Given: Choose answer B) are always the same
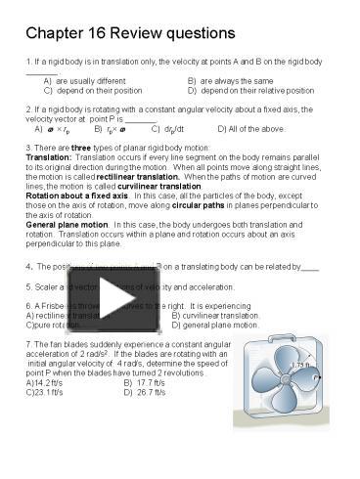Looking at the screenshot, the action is tap(230, 81).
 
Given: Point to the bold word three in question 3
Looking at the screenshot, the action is tap(78, 148).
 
